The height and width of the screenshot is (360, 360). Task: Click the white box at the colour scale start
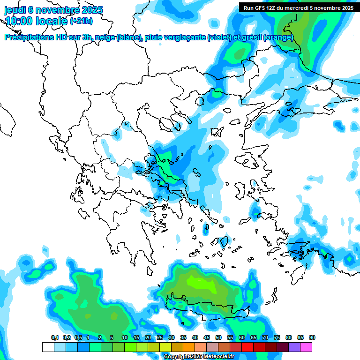click(x=48, y=347)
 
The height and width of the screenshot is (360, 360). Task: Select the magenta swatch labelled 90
click(x=306, y=347)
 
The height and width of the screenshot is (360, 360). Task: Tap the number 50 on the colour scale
click(x=218, y=337)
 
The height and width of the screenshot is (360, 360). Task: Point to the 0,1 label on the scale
click(x=55, y=337)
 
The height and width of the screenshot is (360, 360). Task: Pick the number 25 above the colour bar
click(x=160, y=337)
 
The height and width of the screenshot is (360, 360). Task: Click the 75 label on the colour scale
click(x=277, y=337)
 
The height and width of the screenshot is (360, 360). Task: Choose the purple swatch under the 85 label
click(x=294, y=347)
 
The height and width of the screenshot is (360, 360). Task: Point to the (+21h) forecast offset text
click(x=81, y=21)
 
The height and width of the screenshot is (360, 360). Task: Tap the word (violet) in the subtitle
click(x=219, y=37)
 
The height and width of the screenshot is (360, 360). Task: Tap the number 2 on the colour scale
click(x=100, y=337)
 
